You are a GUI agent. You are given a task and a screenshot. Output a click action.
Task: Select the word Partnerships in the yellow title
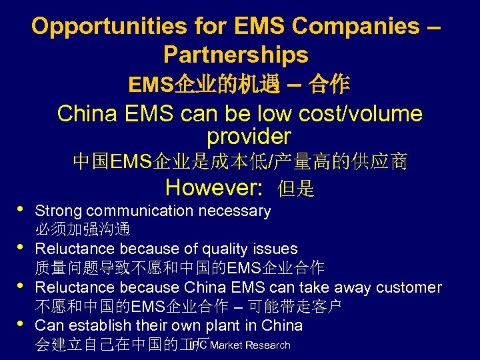point(235,54)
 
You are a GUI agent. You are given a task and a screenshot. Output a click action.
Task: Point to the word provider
point(249,137)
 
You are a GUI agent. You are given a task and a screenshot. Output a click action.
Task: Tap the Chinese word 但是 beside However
point(296,189)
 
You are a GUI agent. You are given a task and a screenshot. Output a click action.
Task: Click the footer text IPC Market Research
point(241,345)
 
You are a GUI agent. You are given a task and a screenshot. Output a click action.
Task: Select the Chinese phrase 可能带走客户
point(303,307)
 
